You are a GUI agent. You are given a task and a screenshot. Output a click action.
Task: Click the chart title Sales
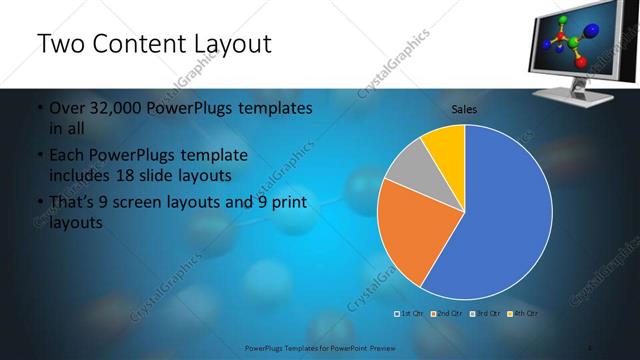coord(464,109)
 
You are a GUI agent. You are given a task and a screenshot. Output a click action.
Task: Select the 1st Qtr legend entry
coord(410,314)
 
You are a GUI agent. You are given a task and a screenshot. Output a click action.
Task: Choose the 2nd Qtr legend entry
coord(446,314)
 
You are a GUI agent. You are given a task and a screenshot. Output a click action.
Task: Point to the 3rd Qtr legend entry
coord(483,314)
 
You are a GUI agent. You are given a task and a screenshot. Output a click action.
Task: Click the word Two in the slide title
coord(59,44)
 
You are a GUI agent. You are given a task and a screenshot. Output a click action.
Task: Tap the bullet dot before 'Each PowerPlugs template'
coord(38,157)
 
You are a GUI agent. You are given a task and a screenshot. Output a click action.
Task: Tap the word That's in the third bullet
coord(73,203)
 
